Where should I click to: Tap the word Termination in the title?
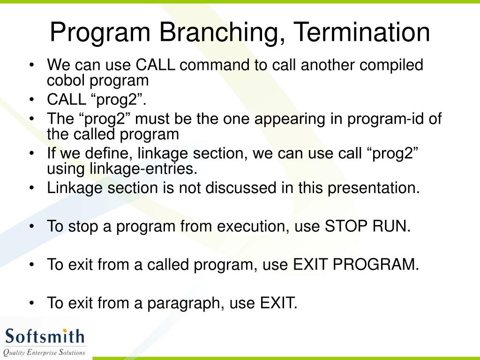pos(363,32)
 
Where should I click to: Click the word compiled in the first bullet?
pos(391,66)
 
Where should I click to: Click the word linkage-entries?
pos(143,169)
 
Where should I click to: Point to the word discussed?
pos(240,187)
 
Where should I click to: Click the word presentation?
pos(374,188)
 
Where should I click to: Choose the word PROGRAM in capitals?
pos(375,264)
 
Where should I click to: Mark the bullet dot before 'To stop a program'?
pos(32,226)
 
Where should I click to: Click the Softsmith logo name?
pos(45,336)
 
